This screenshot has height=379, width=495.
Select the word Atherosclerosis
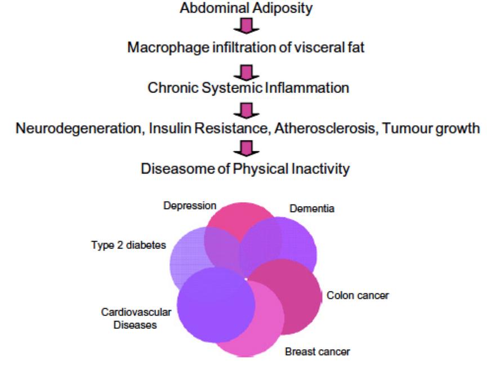point(313,128)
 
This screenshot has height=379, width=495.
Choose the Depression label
point(189,207)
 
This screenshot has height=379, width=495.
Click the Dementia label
point(311,209)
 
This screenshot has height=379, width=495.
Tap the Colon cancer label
point(358,295)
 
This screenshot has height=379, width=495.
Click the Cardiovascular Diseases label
point(128,319)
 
